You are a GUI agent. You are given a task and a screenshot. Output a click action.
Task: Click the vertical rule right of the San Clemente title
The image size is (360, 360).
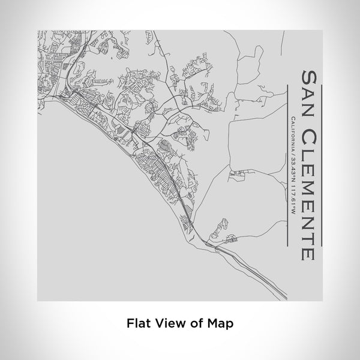[x=323, y=165]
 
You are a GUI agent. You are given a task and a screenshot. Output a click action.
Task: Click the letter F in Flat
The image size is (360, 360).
[x=130, y=323]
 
